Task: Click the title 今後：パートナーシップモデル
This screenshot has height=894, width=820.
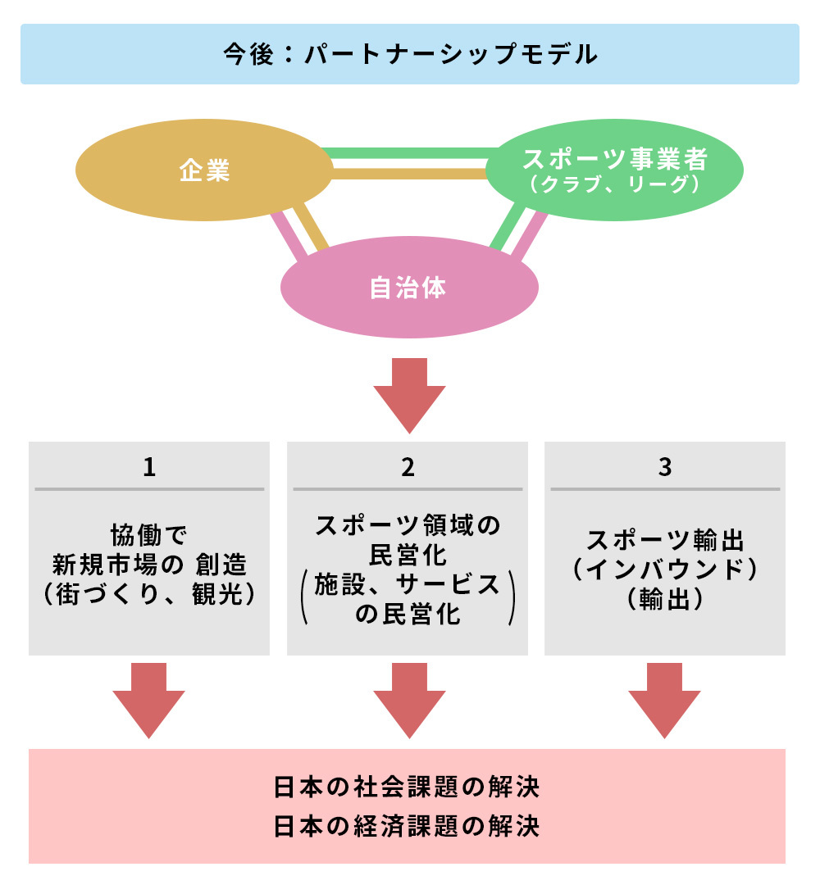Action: [x=409, y=55]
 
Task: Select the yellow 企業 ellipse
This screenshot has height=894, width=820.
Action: [x=204, y=170]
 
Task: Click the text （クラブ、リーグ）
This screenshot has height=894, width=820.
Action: [x=614, y=186]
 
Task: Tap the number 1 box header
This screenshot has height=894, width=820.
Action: [x=149, y=467]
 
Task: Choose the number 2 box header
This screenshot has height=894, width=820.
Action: [x=408, y=467]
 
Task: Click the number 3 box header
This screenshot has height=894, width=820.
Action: [x=665, y=467]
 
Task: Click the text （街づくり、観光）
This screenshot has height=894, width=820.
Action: [x=149, y=593]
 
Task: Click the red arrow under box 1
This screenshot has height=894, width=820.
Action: [x=149, y=699]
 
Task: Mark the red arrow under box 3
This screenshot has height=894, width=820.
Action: [x=665, y=699]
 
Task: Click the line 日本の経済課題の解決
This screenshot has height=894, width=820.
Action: [x=408, y=825]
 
